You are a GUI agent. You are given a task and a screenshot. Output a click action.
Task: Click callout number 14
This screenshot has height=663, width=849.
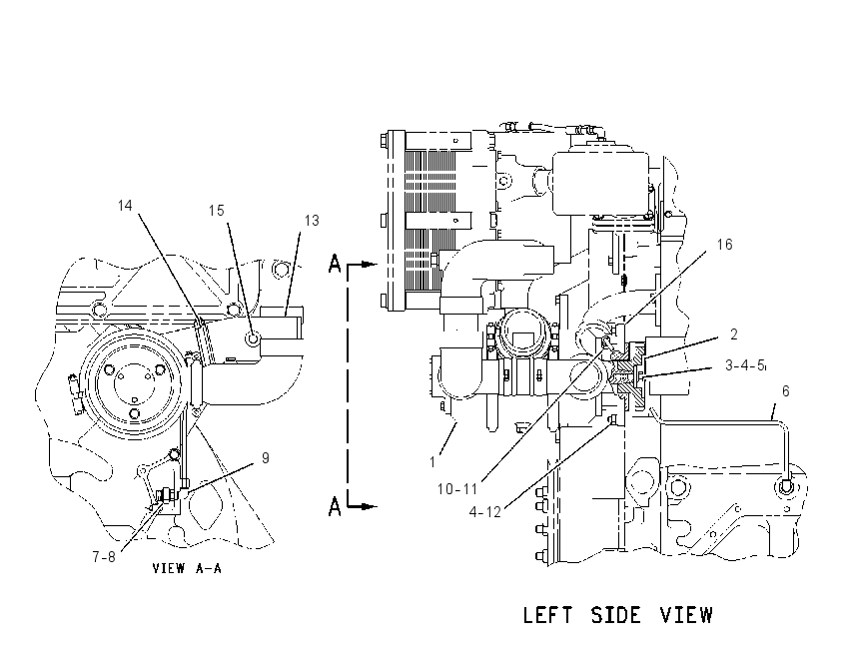(x=125, y=206)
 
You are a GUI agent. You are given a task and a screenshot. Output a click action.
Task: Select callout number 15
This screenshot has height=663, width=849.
(x=217, y=211)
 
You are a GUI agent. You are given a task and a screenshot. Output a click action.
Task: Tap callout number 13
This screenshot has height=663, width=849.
(x=312, y=221)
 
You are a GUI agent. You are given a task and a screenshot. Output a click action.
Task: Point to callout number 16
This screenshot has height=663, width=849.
(x=724, y=245)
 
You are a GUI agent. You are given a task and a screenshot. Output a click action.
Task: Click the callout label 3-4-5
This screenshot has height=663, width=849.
(x=745, y=365)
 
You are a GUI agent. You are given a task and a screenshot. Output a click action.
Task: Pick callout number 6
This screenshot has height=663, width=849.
(x=786, y=390)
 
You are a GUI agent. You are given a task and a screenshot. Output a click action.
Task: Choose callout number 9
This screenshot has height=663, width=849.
(x=266, y=458)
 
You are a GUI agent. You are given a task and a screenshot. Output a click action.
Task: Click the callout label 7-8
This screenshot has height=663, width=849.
(x=104, y=557)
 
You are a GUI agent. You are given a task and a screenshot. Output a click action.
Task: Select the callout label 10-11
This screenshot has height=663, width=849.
(x=457, y=489)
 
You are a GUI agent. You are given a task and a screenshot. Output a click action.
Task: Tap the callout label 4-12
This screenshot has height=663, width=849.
(x=485, y=512)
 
